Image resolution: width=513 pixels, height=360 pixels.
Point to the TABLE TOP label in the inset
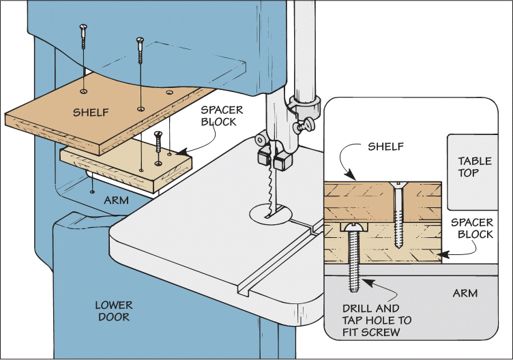click(475, 167)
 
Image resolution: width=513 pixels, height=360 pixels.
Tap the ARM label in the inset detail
click(465, 293)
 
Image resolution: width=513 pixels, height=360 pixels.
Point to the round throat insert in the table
click(271, 214)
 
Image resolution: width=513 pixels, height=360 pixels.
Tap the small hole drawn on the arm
click(91, 192)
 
